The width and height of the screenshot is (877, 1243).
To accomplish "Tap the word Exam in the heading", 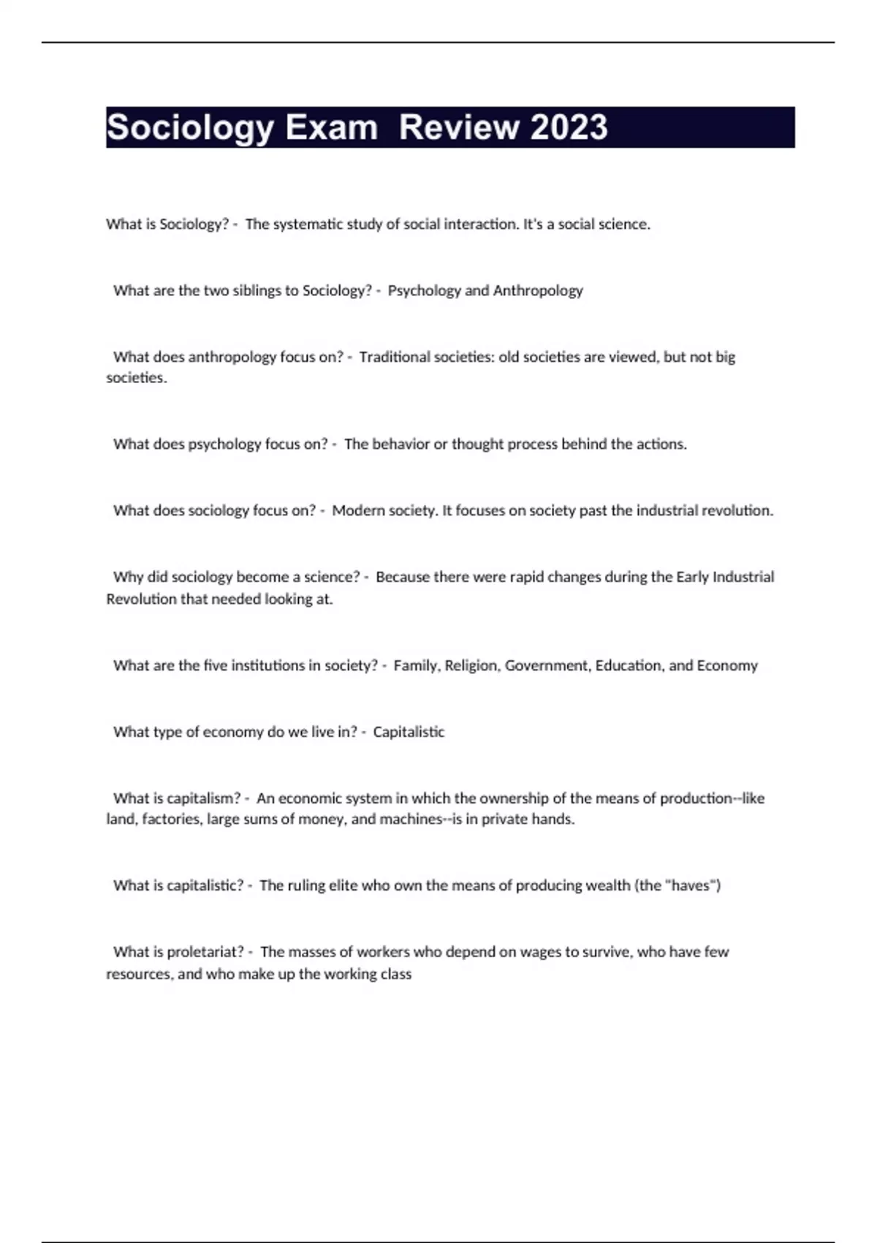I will coord(331,127).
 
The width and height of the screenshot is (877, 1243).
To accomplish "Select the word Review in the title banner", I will coord(459,127).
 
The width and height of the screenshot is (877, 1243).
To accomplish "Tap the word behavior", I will coord(400,445).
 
